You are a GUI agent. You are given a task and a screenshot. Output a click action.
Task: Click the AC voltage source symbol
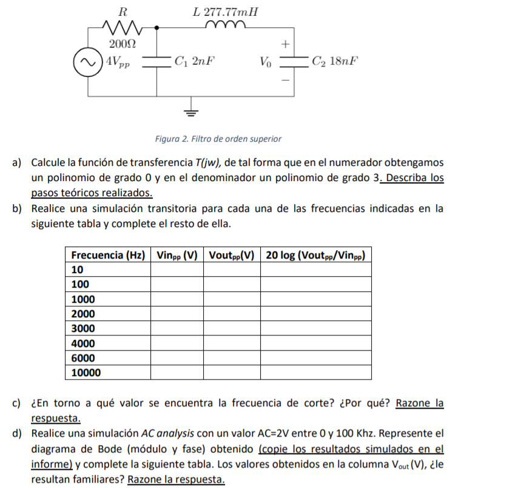tap(87, 62)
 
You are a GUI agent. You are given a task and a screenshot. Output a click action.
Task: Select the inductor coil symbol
tap(226, 25)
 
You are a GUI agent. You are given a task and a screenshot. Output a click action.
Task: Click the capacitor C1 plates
tap(157, 61)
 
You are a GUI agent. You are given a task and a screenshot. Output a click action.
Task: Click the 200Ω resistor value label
tap(122, 44)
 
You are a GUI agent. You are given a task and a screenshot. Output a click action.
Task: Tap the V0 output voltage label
tap(266, 62)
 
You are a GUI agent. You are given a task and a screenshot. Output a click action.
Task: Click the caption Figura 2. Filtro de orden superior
tap(218, 139)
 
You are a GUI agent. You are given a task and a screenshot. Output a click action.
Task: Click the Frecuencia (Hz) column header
tap(107, 255)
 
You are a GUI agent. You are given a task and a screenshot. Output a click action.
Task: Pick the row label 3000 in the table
tap(83, 328)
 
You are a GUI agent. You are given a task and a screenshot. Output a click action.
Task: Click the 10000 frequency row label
tap(86, 372)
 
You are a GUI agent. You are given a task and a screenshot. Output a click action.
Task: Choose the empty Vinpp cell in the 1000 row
tap(176, 299)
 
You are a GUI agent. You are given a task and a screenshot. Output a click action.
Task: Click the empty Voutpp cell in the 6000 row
tap(231, 358)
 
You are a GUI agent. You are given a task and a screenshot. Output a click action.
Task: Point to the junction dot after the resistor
tap(157, 27)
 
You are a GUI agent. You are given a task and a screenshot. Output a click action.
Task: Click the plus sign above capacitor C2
tap(285, 44)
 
